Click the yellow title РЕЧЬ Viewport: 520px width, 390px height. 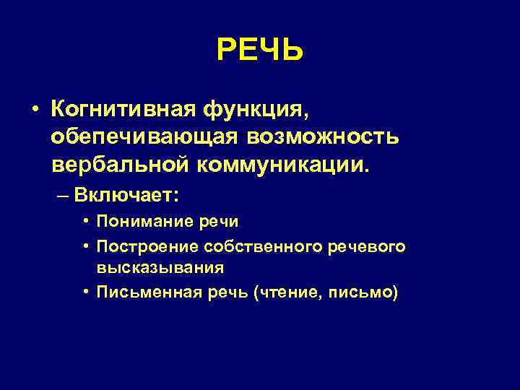click(260, 50)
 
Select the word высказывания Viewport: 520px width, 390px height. click(160, 267)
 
